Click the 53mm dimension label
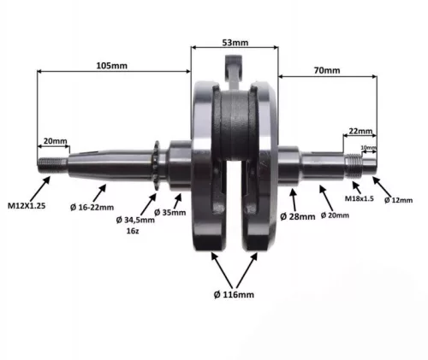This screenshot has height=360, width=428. click(235, 43)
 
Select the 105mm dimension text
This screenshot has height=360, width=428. click(112, 66)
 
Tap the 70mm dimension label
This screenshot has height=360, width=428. click(327, 70)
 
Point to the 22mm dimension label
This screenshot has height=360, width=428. click(360, 131)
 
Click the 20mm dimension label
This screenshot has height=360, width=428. click(55, 141)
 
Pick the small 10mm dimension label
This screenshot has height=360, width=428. click(369, 148)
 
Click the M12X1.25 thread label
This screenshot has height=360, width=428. click(27, 205)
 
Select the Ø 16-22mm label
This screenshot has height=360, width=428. click(92, 207)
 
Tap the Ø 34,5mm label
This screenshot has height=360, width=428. click(135, 220)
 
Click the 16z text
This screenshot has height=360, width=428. click(133, 231)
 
